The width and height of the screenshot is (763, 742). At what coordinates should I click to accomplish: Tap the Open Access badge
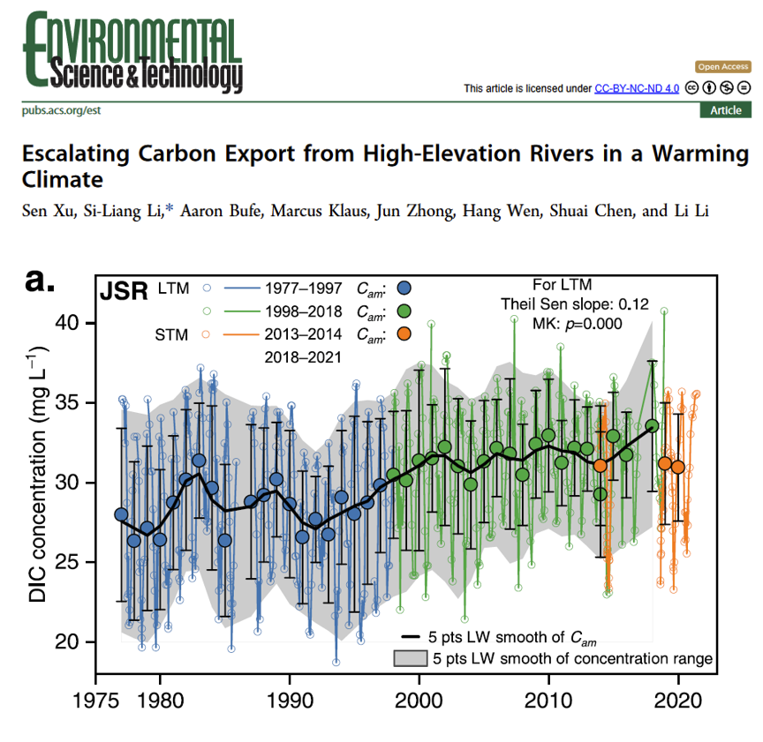723,67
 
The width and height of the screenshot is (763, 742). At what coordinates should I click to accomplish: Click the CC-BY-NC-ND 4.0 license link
636,88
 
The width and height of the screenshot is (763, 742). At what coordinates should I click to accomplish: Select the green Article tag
726,110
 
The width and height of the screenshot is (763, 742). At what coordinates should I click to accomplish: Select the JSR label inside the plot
123,291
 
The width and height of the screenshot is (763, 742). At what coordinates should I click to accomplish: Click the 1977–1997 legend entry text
302,288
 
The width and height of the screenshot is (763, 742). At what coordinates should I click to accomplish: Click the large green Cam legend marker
404,311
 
